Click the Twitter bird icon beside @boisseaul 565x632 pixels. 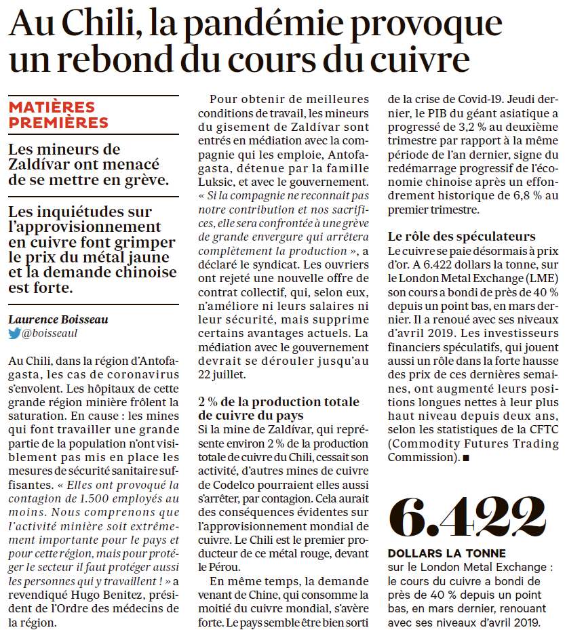point(14,334)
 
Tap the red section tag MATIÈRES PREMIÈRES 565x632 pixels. point(58,115)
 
